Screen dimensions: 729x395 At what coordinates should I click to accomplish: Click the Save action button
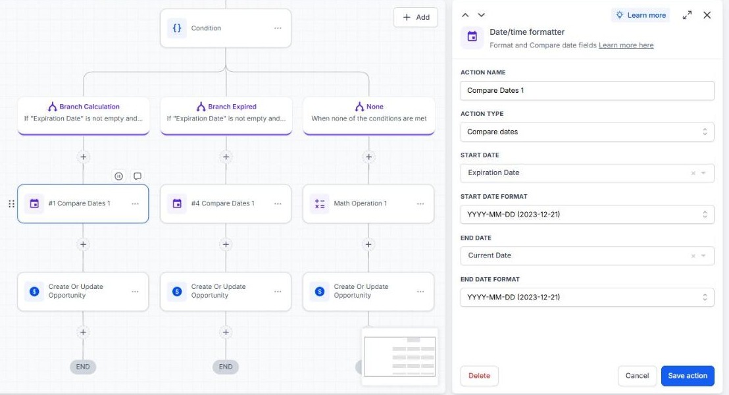pos(687,375)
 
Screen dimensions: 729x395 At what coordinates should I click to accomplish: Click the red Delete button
pos(479,375)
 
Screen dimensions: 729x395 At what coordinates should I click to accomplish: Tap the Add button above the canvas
pos(416,17)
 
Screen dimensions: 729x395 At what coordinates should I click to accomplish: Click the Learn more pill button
pos(641,15)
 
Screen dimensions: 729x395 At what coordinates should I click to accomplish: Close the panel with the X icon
pos(707,15)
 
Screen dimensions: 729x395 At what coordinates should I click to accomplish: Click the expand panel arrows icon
pos(687,15)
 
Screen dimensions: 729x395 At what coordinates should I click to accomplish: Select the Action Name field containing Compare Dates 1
pos(587,90)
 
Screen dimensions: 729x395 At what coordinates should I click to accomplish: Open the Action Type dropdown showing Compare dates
pos(587,132)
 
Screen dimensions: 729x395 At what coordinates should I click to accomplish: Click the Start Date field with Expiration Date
pos(587,173)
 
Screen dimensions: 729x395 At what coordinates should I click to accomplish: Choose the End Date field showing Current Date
pos(587,255)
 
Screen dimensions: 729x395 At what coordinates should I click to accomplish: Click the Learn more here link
pos(626,45)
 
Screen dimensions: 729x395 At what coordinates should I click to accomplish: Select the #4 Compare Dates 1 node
pos(226,203)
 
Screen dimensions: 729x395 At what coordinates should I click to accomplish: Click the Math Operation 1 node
pos(368,203)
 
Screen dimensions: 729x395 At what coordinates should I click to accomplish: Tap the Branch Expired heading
pos(232,107)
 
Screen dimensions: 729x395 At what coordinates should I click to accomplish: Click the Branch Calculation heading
pos(89,107)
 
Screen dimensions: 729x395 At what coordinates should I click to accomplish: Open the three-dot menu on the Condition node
pos(278,28)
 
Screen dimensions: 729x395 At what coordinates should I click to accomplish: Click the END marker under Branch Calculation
pos(83,367)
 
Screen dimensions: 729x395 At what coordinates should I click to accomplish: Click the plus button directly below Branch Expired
pos(226,157)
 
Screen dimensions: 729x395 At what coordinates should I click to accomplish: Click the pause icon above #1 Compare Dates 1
pos(118,176)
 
